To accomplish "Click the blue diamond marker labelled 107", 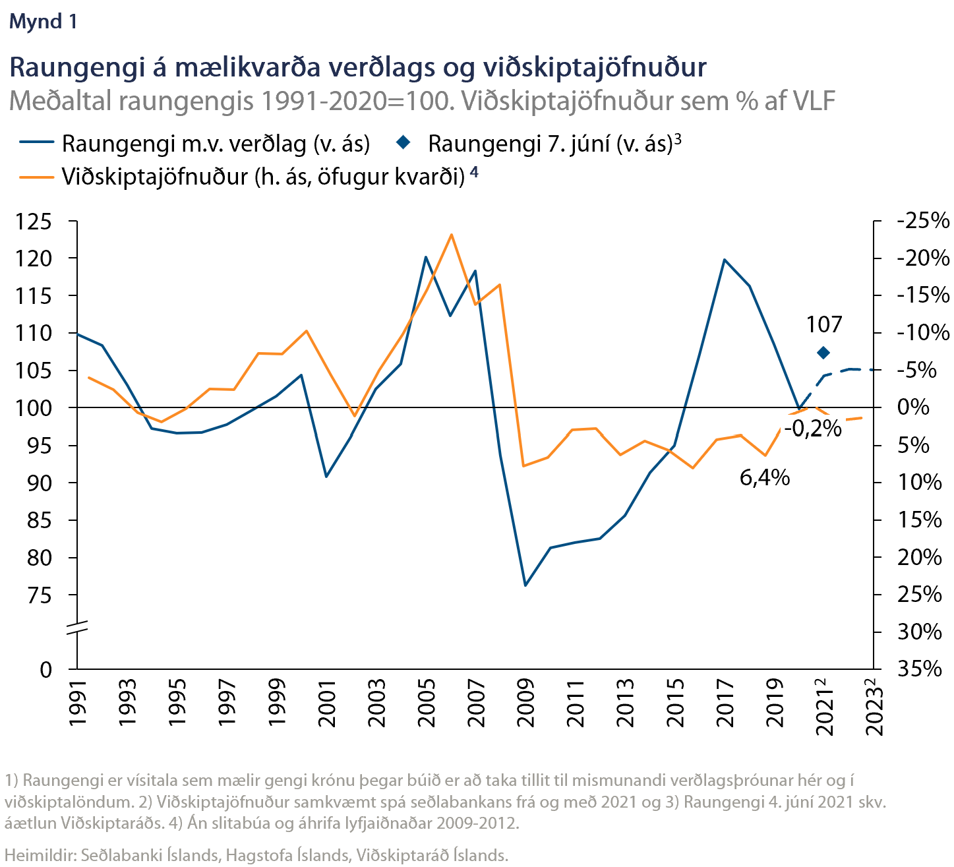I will (x=823, y=353).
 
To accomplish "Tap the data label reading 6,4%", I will (x=765, y=477).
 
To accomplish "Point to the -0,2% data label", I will (x=813, y=429).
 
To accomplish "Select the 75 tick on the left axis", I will (x=40, y=595).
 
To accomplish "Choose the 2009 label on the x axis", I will (x=525, y=703).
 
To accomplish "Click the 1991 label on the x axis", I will (x=78, y=703).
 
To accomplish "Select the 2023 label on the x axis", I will (x=874, y=703).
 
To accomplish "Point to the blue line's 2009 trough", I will (x=525, y=585).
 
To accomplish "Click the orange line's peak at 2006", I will (x=451, y=234).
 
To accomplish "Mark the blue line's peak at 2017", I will (x=725, y=259).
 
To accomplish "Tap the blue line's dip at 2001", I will (x=326, y=477).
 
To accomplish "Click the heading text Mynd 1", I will (x=43, y=22).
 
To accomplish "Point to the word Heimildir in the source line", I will (x=40, y=855).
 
